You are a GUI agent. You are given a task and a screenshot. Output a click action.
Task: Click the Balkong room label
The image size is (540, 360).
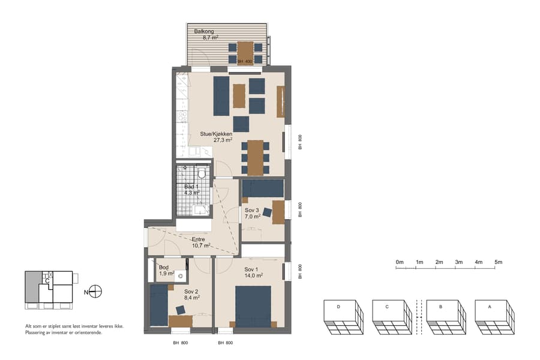(204, 31)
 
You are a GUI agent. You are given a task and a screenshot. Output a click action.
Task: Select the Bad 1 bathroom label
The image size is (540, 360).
(192, 187)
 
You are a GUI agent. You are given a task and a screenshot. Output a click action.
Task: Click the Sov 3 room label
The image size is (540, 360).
(252, 210)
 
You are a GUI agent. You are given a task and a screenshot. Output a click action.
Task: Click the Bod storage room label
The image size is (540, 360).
(164, 267)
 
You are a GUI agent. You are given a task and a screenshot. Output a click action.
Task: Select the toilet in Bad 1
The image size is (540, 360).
(202, 173)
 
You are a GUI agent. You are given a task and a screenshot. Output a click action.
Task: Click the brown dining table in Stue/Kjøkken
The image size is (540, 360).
(256, 157)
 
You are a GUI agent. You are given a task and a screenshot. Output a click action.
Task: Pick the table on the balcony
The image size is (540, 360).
(245, 53)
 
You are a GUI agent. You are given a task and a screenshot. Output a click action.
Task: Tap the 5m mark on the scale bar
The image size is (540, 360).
(498, 262)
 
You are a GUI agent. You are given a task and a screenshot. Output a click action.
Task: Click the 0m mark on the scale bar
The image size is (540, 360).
(399, 262)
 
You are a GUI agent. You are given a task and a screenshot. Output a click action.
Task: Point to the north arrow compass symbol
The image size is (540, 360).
(95, 292)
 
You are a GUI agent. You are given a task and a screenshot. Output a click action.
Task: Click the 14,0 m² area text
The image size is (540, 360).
(255, 275)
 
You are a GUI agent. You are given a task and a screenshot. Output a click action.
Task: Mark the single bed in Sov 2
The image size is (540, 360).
(158, 305)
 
